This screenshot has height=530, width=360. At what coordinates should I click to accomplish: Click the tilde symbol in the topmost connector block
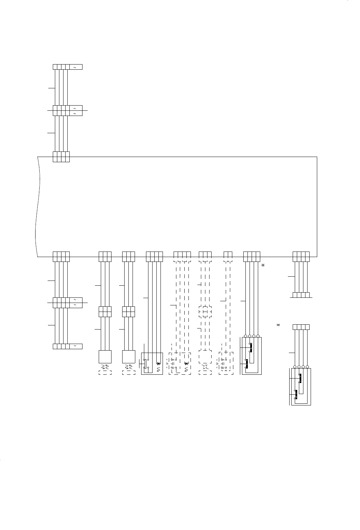click(75, 67)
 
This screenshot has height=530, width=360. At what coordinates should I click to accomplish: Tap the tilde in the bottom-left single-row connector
click(75, 346)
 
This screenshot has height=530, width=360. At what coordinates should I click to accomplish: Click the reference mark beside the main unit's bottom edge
click(262, 265)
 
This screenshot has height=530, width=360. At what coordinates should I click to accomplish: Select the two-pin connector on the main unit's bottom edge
click(228, 256)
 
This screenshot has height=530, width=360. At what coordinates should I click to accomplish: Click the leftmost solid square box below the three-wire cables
click(105, 357)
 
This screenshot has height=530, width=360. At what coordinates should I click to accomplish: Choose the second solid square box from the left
click(128, 357)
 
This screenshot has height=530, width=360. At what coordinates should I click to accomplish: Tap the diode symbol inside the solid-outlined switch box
click(158, 363)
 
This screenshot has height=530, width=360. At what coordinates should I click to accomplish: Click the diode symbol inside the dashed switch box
click(186, 363)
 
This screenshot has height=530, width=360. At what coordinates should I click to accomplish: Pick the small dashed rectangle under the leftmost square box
click(105, 373)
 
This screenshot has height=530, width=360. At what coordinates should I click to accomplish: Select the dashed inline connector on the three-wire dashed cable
click(205, 312)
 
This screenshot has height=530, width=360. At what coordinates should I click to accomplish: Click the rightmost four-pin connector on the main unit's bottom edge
click(301, 256)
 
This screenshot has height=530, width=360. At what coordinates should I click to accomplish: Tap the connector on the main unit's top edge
click(61, 157)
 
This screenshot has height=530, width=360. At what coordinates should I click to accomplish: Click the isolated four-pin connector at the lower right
click(301, 327)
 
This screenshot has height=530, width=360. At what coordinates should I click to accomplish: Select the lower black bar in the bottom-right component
click(296, 394)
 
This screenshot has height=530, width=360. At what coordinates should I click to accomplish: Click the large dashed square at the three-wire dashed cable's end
click(205, 357)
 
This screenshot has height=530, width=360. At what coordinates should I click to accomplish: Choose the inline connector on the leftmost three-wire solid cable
click(105, 312)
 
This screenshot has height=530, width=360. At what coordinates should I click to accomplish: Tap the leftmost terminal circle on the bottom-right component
click(295, 367)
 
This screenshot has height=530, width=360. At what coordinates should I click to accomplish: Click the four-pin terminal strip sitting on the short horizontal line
click(301, 295)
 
